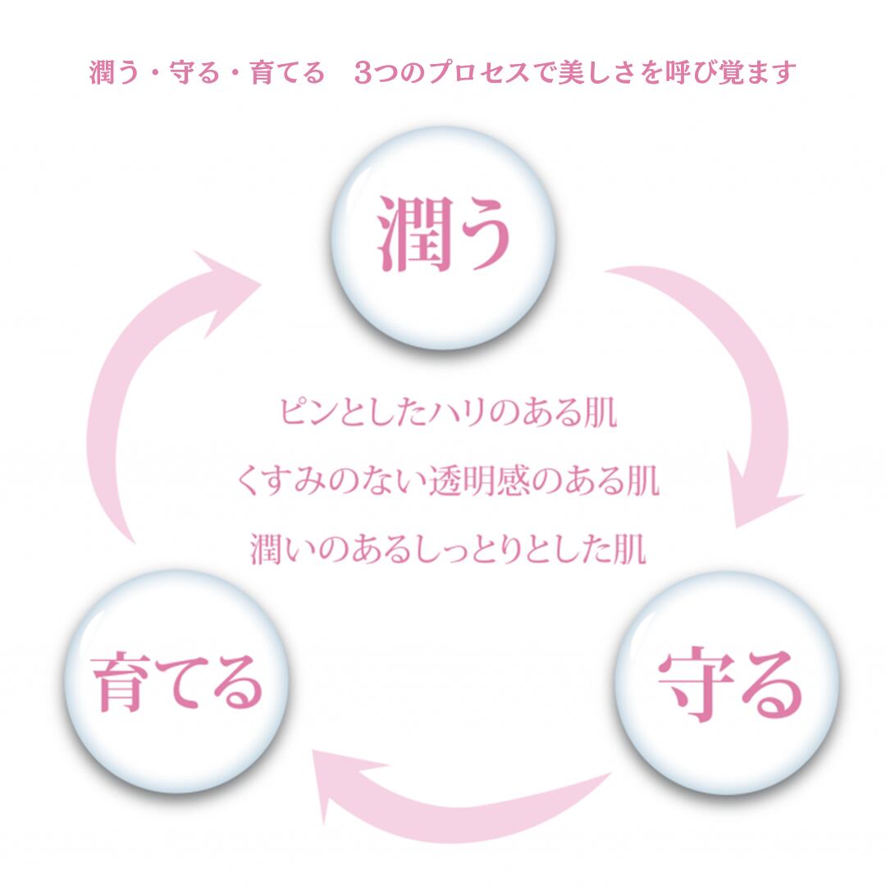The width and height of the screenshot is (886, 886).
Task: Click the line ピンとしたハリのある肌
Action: [x=447, y=413]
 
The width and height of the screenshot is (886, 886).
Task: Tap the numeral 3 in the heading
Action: [x=364, y=73]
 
